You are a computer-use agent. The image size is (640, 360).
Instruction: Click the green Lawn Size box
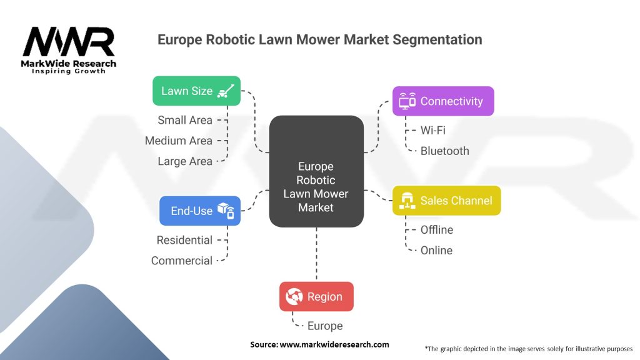coord(196,91)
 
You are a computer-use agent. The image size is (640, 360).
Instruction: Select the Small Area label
coord(185,120)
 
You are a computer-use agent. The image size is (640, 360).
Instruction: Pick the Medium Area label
coord(178,141)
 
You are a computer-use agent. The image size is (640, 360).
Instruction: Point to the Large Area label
coord(185,161)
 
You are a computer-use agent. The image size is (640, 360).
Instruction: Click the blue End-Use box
coord(199,211)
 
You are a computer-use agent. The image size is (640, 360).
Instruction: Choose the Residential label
coord(184,240)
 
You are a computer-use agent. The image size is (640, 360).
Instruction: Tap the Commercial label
coord(182,261)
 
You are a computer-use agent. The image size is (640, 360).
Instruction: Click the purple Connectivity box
coord(443,101)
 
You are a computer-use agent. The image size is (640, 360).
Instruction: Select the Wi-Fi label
coord(432,131)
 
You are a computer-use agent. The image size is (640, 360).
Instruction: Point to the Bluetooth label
coord(444,151)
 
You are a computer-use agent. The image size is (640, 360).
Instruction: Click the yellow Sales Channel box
coord(446,201)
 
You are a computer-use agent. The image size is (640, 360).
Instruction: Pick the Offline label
coord(437,230)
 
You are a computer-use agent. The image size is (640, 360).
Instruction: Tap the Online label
coord(436,250)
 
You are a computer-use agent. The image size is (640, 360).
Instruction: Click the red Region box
coord(316,296)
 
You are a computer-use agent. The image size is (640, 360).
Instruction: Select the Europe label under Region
coord(325,326)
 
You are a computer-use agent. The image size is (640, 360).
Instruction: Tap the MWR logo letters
coord(69,42)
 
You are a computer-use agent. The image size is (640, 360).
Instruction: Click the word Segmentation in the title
coord(437,39)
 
